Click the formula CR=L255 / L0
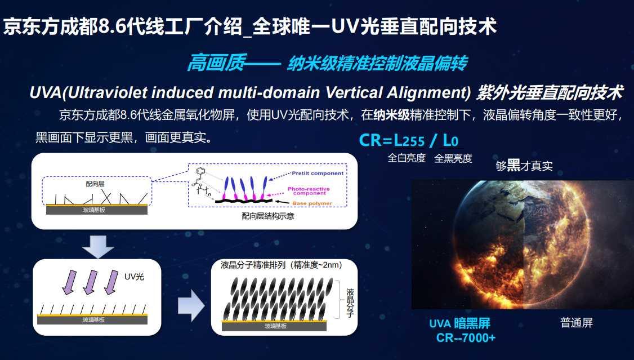tap(405, 140)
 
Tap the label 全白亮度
tap(407, 158)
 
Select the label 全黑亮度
tap(453, 158)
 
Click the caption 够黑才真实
tap(524, 166)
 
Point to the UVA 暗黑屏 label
tap(459, 323)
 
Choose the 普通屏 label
tap(577, 323)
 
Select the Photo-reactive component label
tap(309, 190)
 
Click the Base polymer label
tap(312, 203)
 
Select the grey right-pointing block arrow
tap(190, 306)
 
